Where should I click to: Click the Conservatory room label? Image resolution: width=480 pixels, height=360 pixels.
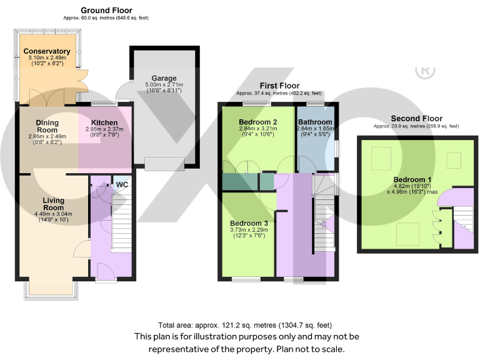tap(47, 51)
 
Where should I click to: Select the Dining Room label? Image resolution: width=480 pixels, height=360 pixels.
tap(47, 126)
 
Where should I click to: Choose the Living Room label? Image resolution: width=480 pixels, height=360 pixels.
tap(53, 204)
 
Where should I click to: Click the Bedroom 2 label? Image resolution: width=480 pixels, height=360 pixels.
tap(257, 122)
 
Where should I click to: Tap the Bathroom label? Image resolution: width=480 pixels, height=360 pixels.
tap(315, 122)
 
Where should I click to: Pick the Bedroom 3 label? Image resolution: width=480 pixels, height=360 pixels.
tap(249, 223)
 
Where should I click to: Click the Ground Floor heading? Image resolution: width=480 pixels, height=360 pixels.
tap(106, 11)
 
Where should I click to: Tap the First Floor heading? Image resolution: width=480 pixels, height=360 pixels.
tap(280, 86)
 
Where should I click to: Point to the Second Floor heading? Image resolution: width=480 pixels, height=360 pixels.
tap(416, 119)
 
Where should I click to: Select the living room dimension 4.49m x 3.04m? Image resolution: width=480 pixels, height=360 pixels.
tap(53, 214)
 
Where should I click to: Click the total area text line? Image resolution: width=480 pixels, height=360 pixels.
tap(245, 325)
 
